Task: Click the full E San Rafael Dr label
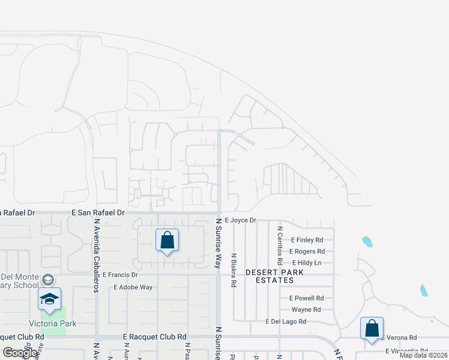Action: pyautogui.click(x=98, y=212)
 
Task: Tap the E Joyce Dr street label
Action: pyautogui.click(x=240, y=220)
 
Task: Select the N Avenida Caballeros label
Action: pyautogui.click(x=96, y=255)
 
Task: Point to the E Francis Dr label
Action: pyautogui.click(x=120, y=275)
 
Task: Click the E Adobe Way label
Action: pyautogui.click(x=133, y=287)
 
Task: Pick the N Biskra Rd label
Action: pyautogui.click(x=233, y=269)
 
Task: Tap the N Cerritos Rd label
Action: pyautogui.click(x=280, y=245)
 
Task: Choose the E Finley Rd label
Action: pyautogui.click(x=307, y=240)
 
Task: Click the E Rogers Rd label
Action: pyautogui.click(x=307, y=251)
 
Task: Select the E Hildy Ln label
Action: pyautogui.click(x=307, y=263)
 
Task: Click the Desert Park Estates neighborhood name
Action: pyautogui.click(x=274, y=276)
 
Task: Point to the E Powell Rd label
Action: pyautogui.click(x=306, y=298)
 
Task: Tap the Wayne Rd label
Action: pyautogui.click(x=306, y=310)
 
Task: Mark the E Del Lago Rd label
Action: pyautogui.click(x=286, y=322)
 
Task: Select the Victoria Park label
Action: pyautogui.click(x=55, y=323)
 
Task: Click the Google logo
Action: pyautogui.click(x=20, y=353)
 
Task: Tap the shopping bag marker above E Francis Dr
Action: pyautogui.click(x=167, y=241)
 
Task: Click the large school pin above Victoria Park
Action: pyautogui.click(x=49, y=300)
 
